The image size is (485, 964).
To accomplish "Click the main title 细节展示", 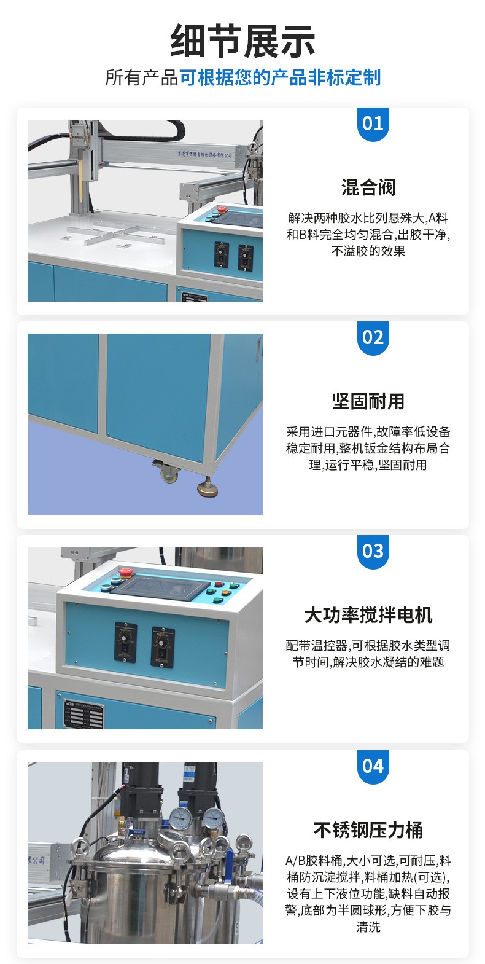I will click(x=243, y=41).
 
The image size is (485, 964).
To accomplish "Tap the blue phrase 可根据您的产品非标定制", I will click(x=280, y=78).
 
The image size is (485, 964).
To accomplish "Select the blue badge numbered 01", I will click(x=373, y=123).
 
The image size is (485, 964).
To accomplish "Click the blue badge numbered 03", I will click(x=373, y=551).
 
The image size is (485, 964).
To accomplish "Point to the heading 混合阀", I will click(x=368, y=187).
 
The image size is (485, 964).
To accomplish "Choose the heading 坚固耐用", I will click(x=368, y=401).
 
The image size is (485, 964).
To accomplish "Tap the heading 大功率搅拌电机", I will click(x=368, y=615).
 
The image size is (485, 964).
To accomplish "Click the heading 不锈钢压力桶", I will click(x=368, y=830).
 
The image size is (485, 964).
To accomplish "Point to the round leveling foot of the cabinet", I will click(x=209, y=488).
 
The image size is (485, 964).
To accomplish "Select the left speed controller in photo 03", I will click(x=125, y=642).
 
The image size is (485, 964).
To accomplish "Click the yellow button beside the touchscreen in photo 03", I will click(x=225, y=594).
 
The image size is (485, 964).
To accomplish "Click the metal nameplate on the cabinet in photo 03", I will click(x=83, y=712).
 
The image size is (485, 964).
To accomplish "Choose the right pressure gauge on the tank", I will click(x=214, y=817).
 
